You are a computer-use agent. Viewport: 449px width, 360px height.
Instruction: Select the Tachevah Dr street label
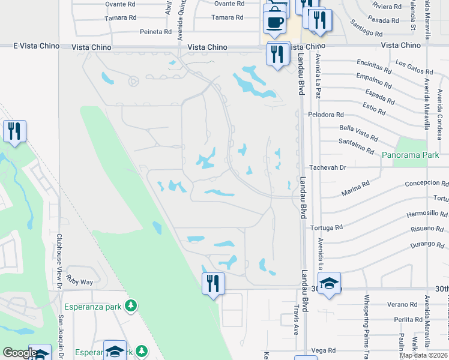coord(328,167)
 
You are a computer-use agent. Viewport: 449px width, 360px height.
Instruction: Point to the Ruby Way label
coord(80,281)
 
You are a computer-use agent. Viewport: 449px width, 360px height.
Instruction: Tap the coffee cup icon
coord(274,22)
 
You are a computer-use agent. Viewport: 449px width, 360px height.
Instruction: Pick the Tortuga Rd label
coord(327,227)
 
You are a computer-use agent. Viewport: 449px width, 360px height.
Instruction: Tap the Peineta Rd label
coord(156,31)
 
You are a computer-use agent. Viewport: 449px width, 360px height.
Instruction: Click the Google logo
coord(20,352)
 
